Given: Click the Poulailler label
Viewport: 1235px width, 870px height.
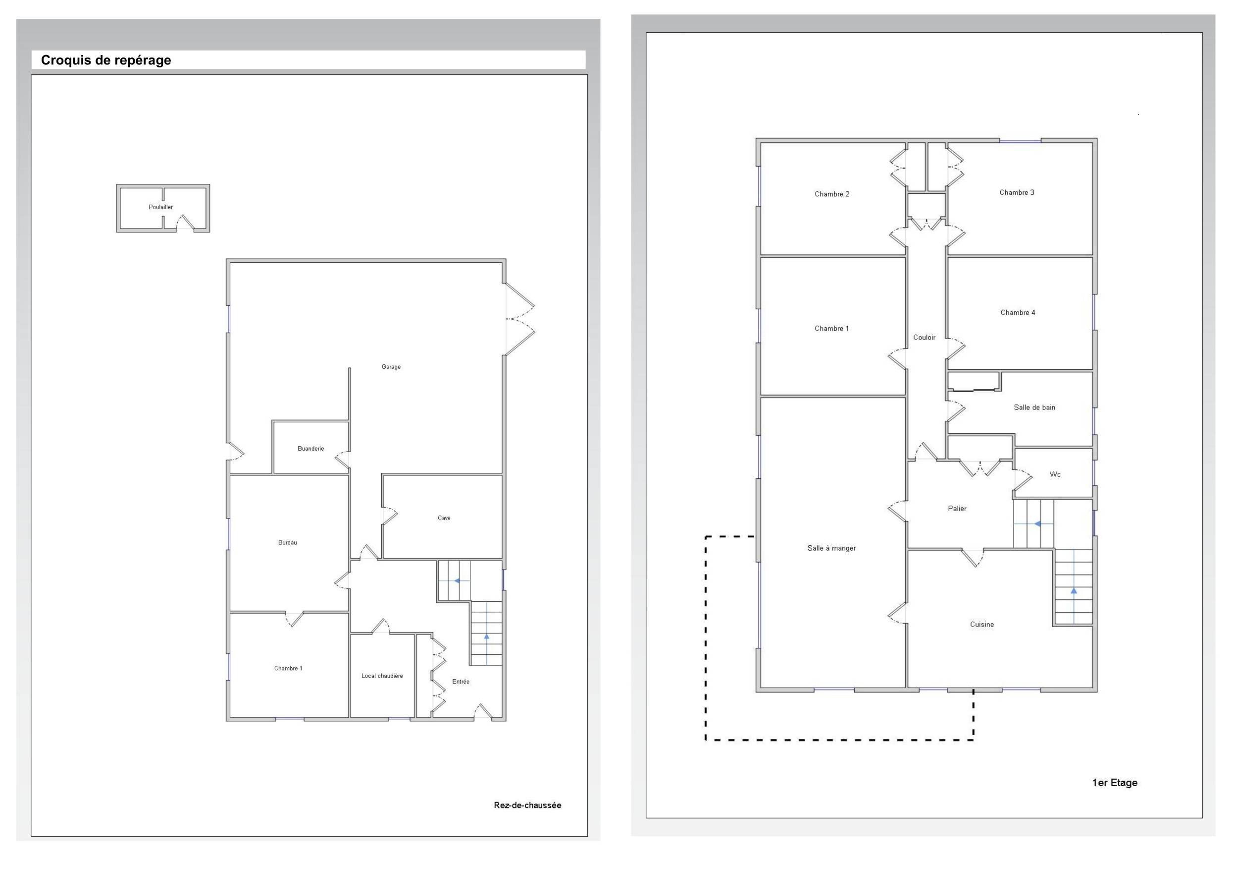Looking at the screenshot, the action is point(161,207).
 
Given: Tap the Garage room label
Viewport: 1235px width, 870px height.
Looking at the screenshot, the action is point(391,367).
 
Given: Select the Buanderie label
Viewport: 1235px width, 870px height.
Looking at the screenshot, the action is point(311,449).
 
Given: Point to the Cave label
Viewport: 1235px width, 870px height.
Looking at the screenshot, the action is point(444,518).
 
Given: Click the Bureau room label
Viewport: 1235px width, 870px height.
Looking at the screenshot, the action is point(288,543).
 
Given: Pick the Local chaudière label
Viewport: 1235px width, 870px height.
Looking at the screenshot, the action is point(382,676).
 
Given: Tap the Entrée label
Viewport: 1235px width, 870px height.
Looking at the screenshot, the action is point(461,682).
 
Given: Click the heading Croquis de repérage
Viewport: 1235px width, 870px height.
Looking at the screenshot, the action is point(106,60).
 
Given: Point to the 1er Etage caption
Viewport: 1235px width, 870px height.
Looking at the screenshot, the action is point(1115,783).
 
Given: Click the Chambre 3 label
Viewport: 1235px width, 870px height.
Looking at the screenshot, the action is point(1017,193).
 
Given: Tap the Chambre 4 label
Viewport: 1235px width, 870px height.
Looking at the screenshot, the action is point(1018,313).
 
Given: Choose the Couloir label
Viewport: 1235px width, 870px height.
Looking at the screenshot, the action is point(924,338).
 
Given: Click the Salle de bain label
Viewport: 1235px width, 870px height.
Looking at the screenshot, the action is point(1034,407).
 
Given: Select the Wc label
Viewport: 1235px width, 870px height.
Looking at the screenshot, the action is point(1055,474).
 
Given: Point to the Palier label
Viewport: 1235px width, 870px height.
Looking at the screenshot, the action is point(957,508).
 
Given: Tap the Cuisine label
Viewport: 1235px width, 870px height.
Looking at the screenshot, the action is point(981,625).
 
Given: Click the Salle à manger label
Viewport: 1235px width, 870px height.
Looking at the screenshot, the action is point(831,548).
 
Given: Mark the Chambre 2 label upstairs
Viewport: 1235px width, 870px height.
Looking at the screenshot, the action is point(831,194).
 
